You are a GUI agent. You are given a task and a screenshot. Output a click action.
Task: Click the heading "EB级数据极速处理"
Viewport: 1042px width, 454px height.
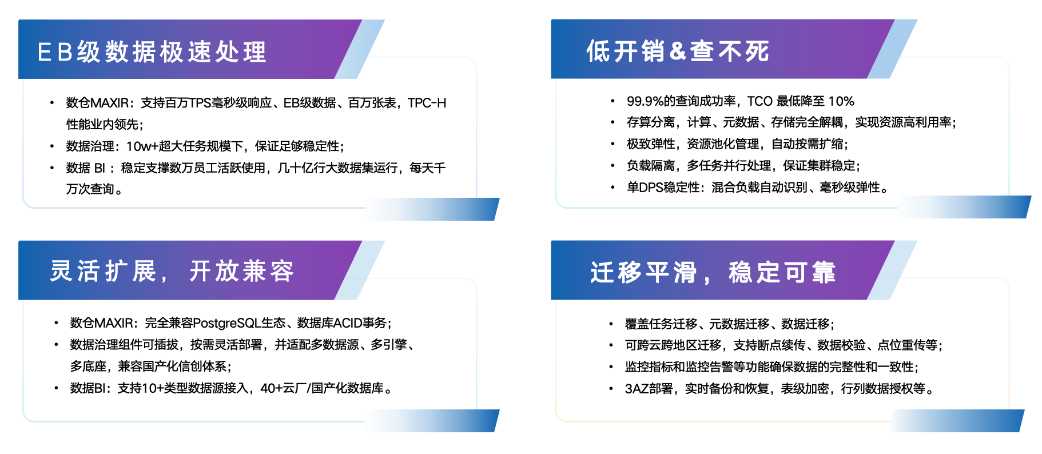pyautogui.click(x=152, y=52)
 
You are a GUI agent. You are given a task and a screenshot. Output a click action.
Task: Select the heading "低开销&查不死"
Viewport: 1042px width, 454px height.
pyautogui.click(x=678, y=51)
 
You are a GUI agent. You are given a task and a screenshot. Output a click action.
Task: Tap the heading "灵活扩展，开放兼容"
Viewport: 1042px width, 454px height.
pyautogui.click(x=172, y=271)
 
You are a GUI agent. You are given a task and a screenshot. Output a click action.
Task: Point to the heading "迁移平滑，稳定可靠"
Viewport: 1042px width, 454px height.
pyautogui.click(x=713, y=272)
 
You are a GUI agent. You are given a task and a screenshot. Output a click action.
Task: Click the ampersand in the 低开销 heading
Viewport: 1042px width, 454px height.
pyautogui.click(x=677, y=51)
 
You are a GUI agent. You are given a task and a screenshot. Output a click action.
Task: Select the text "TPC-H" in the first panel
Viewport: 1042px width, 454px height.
pyautogui.click(x=427, y=103)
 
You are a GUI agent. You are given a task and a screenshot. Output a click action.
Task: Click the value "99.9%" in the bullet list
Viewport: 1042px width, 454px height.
pyautogui.click(x=645, y=101)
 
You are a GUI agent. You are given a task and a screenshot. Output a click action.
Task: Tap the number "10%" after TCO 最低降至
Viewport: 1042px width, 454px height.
pyautogui.click(x=841, y=101)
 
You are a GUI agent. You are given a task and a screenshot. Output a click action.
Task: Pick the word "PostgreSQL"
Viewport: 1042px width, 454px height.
pyautogui.click(x=227, y=323)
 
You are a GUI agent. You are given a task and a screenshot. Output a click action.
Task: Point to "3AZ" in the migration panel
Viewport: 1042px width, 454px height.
pyautogui.click(x=637, y=389)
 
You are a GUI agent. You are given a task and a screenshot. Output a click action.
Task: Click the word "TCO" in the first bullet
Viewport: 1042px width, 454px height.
pyautogui.click(x=760, y=101)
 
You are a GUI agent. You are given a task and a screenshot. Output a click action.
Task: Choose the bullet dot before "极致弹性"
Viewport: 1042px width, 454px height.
pyautogui.click(x=613, y=144)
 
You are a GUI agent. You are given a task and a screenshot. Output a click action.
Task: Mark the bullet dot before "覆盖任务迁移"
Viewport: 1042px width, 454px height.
pyautogui.click(x=611, y=324)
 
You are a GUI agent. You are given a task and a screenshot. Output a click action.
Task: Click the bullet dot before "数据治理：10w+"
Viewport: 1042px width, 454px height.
pyautogui.click(x=52, y=146)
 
